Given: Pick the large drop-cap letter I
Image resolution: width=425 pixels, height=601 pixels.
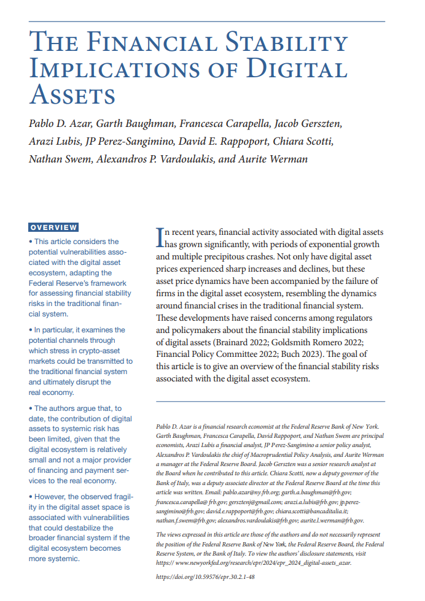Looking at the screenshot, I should (160, 236).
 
